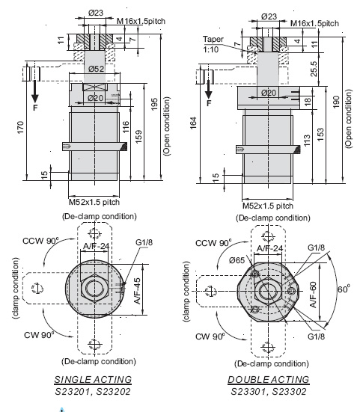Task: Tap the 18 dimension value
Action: tap(308, 101)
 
